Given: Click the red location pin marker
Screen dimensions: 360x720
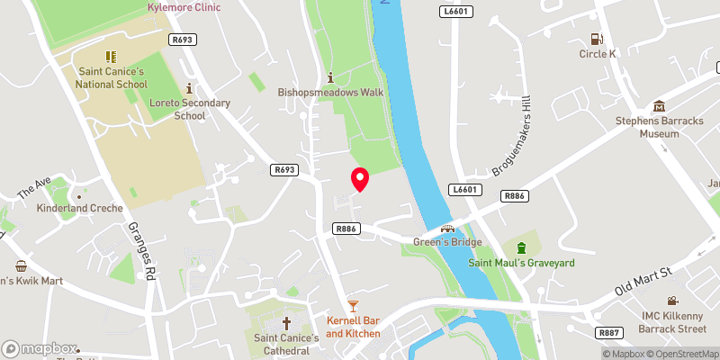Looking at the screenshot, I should pyautogui.click(x=360, y=179).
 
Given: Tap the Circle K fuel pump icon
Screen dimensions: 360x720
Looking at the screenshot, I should pyautogui.click(x=596, y=39).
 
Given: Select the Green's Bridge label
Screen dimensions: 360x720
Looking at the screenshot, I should pyautogui.click(x=447, y=242).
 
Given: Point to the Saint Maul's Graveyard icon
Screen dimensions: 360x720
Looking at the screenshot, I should pyautogui.click(x=521, y=247).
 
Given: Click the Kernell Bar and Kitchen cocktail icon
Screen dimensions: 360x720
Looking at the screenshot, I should pyautogui.click(x=353, y=307).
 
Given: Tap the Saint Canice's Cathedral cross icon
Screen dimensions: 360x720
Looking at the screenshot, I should pyautogui.click(x=287, y=322).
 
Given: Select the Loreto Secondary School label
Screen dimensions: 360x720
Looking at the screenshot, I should pyautogui.click(x=189, y=109).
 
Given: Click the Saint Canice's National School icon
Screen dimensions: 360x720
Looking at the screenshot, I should pyautogui.click(x=111, y=57).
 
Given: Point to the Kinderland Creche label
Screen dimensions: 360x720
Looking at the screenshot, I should pyautogui.click(x=78, y=208).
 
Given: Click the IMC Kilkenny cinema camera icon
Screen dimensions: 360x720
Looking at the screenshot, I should pyautogui.click(x=671, y=301).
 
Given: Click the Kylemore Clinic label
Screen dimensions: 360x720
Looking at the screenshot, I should pyautogui.click(x=184, y=7).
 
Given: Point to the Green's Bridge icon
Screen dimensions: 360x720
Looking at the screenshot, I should pyautogui.click(x=446, y=229).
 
